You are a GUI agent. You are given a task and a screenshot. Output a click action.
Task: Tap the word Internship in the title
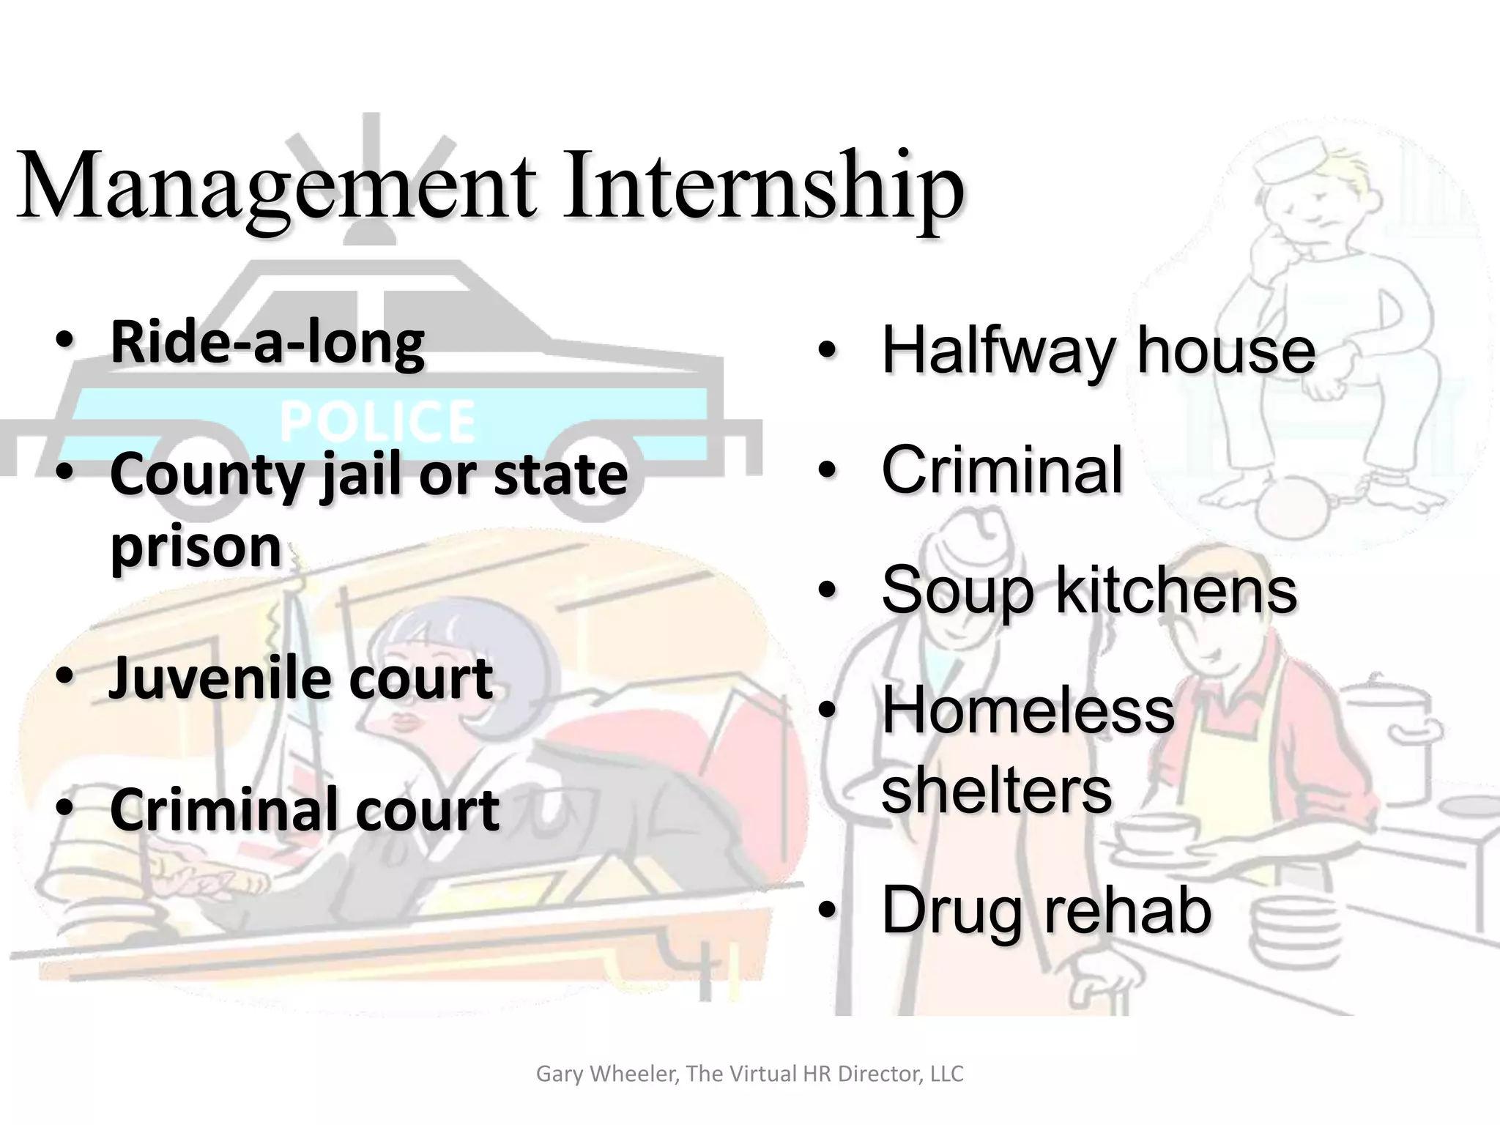click(762, 187)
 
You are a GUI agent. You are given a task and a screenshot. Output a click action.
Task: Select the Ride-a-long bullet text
click(267, 343)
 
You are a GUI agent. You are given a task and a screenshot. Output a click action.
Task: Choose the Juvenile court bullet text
click(300, 678)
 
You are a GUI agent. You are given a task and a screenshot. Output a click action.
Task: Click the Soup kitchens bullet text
click(1088, 590)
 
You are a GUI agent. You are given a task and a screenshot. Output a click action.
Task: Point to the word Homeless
click(1028, 710)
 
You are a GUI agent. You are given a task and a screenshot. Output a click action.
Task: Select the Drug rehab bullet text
click(1046, 910)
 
